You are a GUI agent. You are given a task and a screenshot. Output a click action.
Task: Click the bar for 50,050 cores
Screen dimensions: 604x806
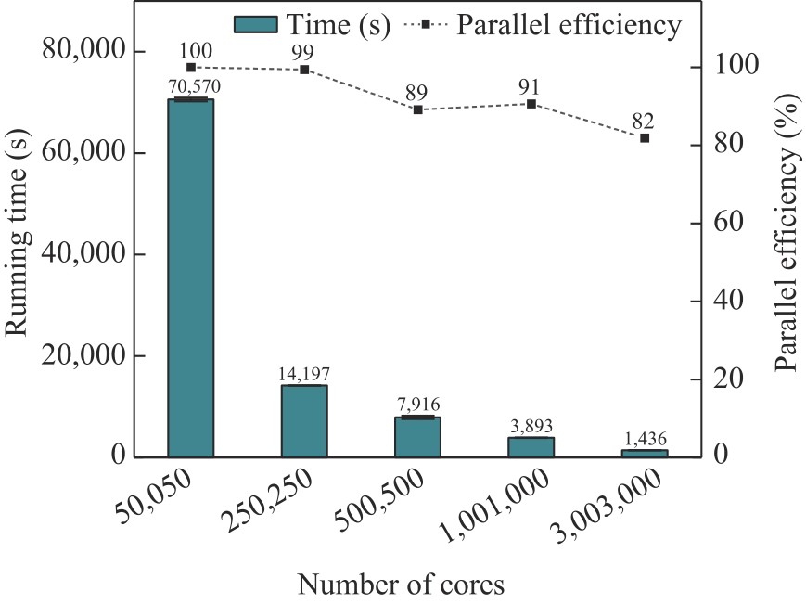pyautogui.click(x=191, y=278)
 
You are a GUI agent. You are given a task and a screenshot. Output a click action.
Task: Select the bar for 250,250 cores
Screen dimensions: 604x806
pyautogui.click(x=304, y=421)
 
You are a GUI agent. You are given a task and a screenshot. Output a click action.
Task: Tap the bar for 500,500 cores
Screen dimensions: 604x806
pyautogui.click(x=417, y=437)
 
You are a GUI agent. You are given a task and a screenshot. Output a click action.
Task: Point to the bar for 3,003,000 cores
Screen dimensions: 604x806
pyautogui.click(x=645, y=453)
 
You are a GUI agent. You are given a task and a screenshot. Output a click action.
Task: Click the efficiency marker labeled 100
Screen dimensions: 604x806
pyautogui.click(x=191, y=67)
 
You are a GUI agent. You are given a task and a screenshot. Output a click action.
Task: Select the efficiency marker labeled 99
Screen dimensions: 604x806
pyautogui.click(x=304, y=70)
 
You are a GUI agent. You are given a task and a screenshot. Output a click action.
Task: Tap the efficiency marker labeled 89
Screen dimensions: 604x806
pyautogui.click(x=417, y=109)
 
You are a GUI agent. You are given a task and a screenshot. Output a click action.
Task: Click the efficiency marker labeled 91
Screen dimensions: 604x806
pyautogui.click(x=531, y=103)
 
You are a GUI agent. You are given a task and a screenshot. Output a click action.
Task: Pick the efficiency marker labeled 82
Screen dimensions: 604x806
pyautogui.click(x=645, y=137)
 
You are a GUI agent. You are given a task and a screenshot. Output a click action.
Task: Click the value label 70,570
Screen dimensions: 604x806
pyautogui.click(x=191, y=87)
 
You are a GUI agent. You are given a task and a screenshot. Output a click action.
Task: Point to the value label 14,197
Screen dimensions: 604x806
pyautogui.click(x=304, y=374)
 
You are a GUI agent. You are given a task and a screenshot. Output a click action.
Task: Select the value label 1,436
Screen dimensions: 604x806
pyautogui.click(x=645, y=439)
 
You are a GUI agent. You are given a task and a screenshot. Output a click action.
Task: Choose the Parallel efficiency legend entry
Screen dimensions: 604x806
pyautogui.click(x=544, y=25)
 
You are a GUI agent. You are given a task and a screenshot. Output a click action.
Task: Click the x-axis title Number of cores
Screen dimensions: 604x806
pyautogui.click(x=401, y=585)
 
